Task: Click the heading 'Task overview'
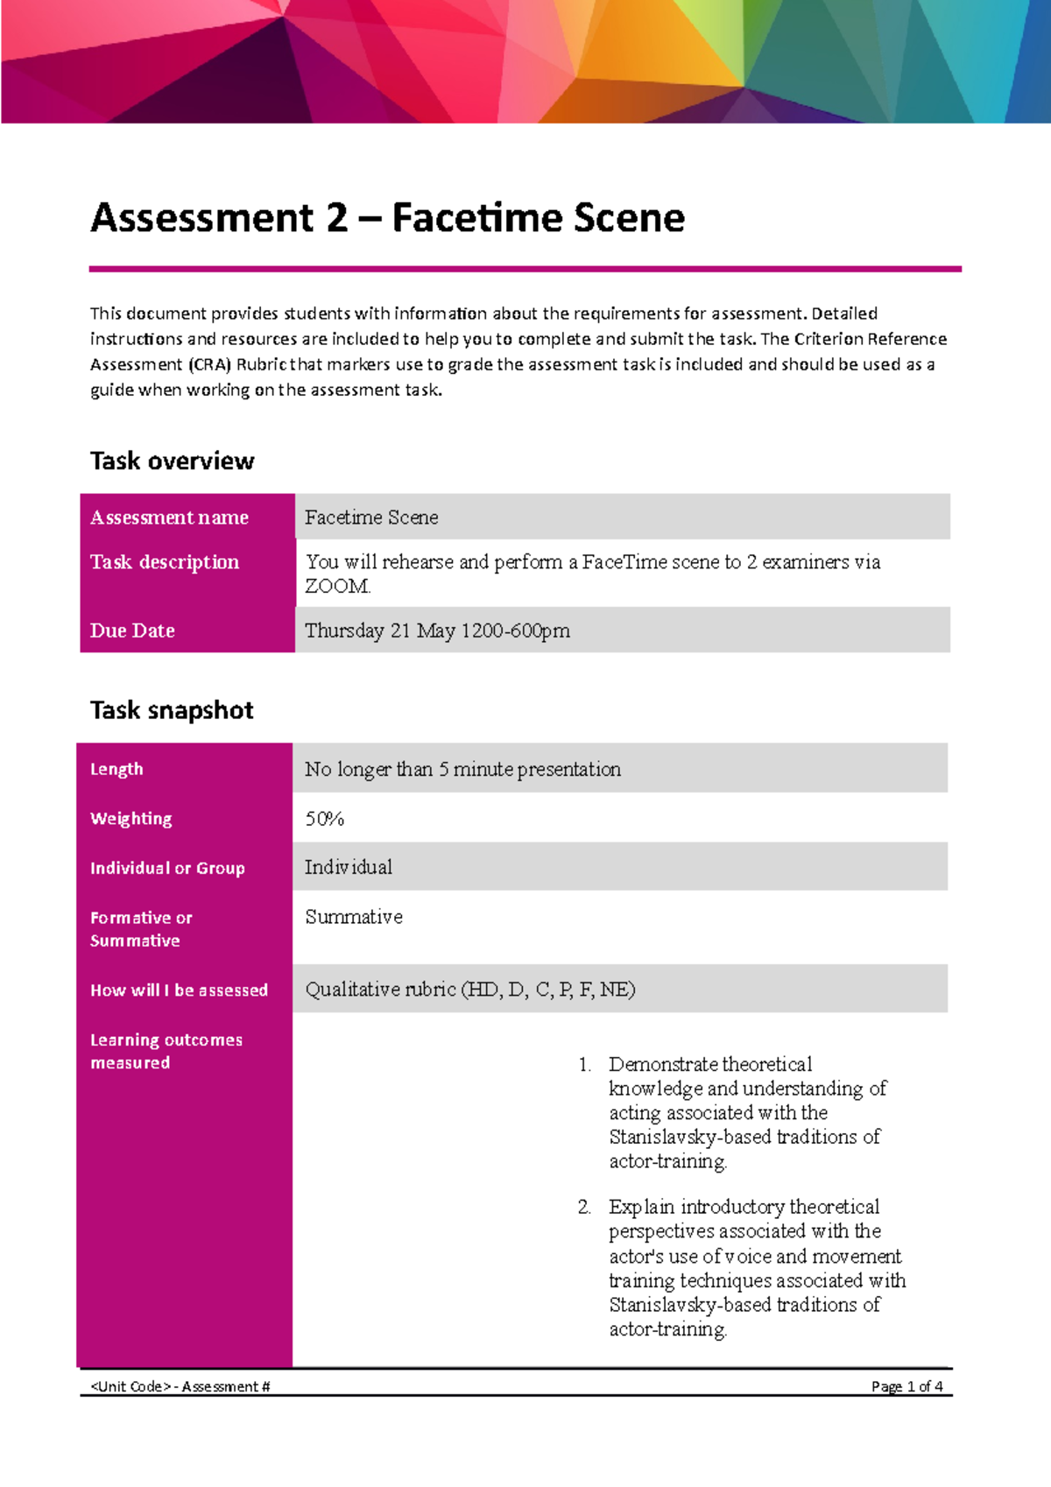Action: point(172,461)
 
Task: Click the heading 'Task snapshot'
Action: point(172,709)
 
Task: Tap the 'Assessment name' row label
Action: point(169,518)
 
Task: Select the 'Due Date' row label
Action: point(132,631)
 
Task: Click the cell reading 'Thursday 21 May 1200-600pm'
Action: point(437,631)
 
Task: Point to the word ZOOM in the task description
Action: point(337,586)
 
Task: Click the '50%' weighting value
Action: point(324,819)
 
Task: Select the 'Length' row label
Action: point(116,769)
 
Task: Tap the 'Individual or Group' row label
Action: point(167,868)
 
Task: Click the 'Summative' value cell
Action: point(354,917)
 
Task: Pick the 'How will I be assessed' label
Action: point(179,990)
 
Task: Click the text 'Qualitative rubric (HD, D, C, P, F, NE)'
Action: point(469,990)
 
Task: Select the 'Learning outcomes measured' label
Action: point(166,1051)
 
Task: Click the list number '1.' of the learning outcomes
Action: point(584,1065)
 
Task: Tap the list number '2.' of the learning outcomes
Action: point(584,1207)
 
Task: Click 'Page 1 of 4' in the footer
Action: point(906,1386)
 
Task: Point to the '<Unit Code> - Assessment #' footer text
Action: point(180,1386)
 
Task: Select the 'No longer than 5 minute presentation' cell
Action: point(462,769)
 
